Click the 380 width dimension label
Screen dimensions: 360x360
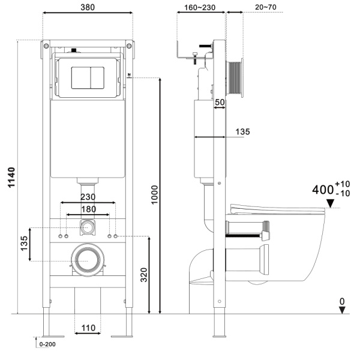88,7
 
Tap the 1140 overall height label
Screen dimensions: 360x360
11,178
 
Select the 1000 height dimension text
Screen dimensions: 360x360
155,194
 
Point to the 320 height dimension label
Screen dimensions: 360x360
144,275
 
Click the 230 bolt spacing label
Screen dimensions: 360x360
88,197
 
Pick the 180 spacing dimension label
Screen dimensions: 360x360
89,209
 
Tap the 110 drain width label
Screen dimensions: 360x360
88,328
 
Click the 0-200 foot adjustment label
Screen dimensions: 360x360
47,344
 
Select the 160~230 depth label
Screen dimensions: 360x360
200,8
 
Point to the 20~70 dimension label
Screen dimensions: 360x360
266,7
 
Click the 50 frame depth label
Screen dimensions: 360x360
220,102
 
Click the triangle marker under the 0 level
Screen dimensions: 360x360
342,310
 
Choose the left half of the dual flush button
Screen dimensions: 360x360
81,78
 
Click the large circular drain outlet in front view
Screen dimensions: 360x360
88,260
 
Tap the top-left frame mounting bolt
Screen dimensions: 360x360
46,46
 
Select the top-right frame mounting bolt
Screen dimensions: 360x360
129,46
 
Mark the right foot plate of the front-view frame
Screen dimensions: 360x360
122,337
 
